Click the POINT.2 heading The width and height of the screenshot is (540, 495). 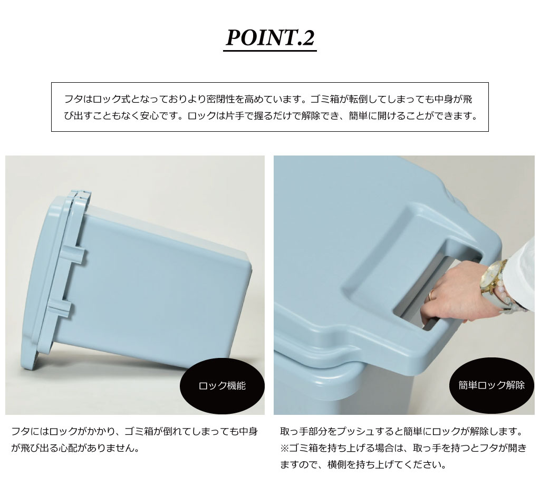270,37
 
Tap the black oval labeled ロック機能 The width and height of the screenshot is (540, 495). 222,386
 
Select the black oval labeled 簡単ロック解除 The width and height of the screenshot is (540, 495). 491,385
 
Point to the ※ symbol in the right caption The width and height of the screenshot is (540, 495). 284,448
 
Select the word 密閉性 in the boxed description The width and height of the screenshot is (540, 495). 220,99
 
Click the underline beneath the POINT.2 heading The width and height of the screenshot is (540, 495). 270,51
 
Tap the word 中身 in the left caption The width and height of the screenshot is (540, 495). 248,431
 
